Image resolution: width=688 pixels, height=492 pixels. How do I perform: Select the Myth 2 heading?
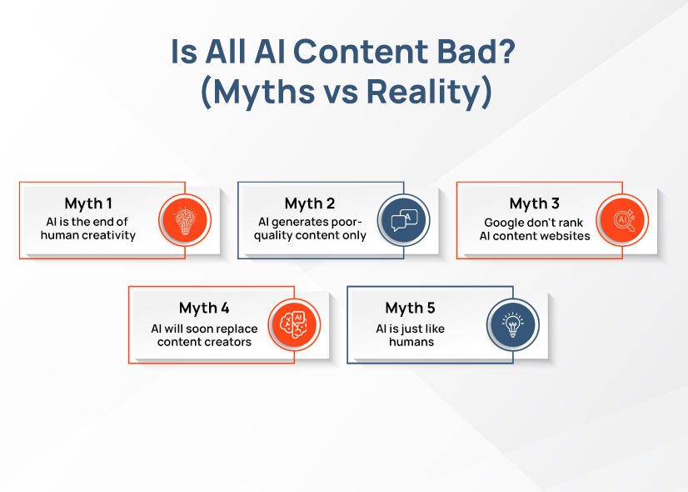tap(310, 203)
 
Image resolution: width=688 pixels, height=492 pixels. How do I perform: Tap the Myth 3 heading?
tap(534, 203)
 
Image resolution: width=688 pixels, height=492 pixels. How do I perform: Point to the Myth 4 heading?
tap(204, 309)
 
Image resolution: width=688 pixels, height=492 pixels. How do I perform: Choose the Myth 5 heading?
tap(411, 309)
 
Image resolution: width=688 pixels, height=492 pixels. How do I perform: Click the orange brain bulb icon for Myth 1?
tap(185, 220)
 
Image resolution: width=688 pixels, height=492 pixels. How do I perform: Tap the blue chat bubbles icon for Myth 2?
tap(404, 220)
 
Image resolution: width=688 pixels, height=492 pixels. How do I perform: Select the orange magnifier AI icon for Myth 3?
tap(623, 220)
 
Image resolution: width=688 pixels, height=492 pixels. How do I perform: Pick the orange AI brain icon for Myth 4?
tap(294, 324)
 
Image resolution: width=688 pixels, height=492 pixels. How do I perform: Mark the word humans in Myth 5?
tap(411, 342)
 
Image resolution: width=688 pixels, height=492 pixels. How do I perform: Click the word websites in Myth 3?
tap(561, 235)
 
